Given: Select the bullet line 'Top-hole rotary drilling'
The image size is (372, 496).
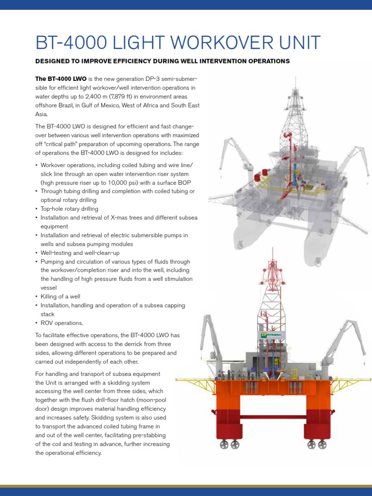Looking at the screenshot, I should (69, 209).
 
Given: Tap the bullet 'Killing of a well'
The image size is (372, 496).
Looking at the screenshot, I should (61, 296).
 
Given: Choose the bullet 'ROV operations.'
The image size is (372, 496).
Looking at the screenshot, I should (62, 323).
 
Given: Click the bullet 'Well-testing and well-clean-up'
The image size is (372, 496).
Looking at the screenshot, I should (80, 253).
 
